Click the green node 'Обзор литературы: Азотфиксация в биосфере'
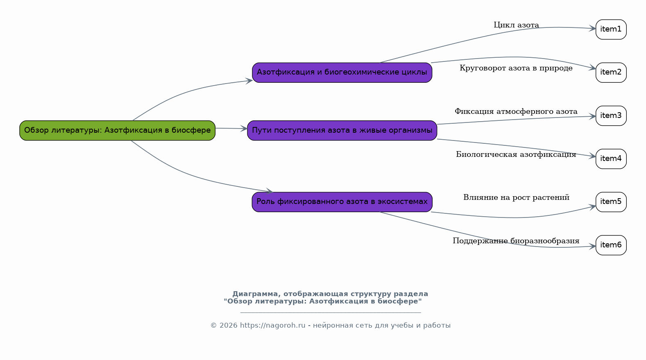(118, 131)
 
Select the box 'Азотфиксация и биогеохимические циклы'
(342, 72)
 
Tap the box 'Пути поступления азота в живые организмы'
(342, 131)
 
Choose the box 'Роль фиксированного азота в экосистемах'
(342, 202)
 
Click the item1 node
(611, 29)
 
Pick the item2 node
(611, 72)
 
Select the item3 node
(611, 116)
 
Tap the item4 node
(611, 159)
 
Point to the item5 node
(611, 202)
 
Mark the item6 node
(611, 245)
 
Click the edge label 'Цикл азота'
(516, 25)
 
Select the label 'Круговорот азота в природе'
(516, 68)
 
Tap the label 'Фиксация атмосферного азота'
(516, 111)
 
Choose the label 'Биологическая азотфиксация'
(516, 154)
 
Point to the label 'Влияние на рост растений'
(516, 197)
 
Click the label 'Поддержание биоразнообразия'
(516, 241)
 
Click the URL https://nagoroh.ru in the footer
(272, 326)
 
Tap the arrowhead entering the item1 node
(593, 28)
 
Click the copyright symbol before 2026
(213, 326)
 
